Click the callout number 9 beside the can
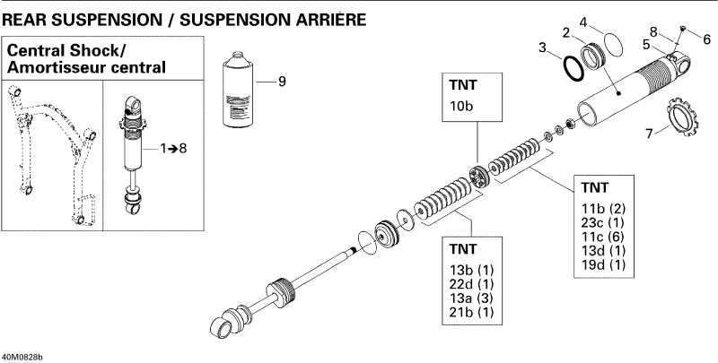pyautogui.click(x=281, y=82)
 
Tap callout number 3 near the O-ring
pyautogui.click(x=542, y=47)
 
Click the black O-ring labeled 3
pyautogui.click(x=570, y=68)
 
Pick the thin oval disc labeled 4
pyautogui.click(x=609, y=43)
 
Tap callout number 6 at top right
pyautogui.click(x=706, y=39)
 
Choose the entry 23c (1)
pyautogui.click(x=603, y=222)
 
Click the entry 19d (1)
pyautogui.click(x=603, y=265)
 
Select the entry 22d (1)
pyautogui.click(x=470, y=283)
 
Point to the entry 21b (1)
pyautogui.click(x=470, y=313)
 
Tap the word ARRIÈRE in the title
pyautogui.click(x=318, y=17)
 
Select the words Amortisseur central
pyautogui.click(x=86, y=67)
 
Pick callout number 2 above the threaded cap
pyautogui.click(x=566, y=33)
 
